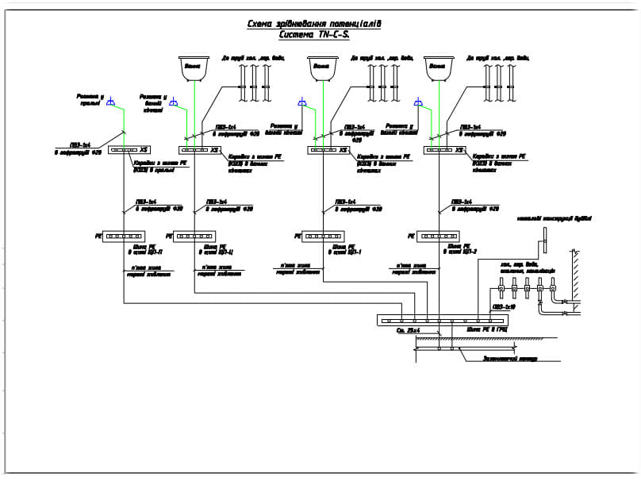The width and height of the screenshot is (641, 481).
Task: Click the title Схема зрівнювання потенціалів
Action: point(314,25)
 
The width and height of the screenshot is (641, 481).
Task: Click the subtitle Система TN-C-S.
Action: point(314,35)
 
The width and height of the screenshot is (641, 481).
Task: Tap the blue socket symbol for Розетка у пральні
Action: point(111,101)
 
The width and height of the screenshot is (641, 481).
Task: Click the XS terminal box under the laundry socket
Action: point(124,149)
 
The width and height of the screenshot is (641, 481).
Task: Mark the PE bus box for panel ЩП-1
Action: point(323,236)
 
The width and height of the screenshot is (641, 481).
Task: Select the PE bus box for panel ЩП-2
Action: point(438,236)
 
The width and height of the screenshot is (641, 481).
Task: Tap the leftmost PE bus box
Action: point(124,236)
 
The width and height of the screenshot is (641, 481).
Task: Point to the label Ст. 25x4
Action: point(408,329)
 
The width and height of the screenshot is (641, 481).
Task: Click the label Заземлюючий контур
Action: point(510,358)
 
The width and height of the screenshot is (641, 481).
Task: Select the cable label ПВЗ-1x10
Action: point(504,306)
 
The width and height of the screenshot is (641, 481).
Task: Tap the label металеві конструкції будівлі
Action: point(555,218)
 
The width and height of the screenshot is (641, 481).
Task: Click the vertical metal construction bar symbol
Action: point(545,236)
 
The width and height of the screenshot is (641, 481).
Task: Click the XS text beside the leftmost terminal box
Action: point(144,149)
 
